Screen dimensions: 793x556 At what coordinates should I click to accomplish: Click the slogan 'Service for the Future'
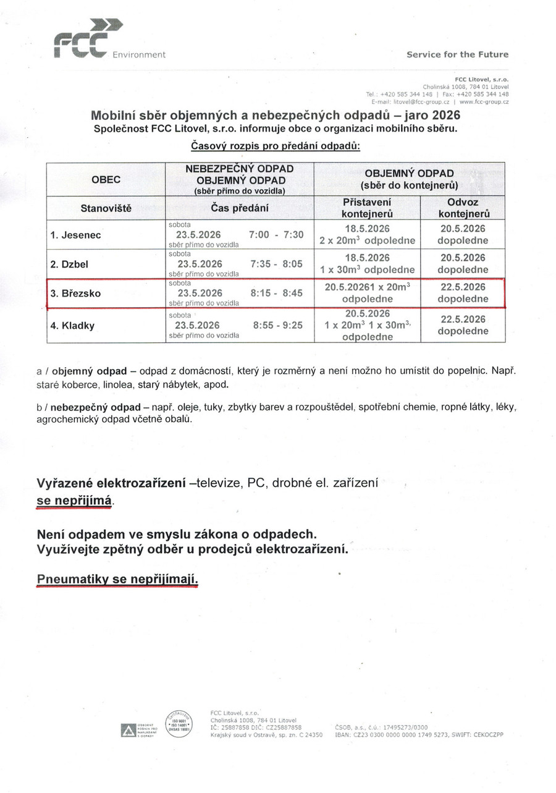coord(457,54)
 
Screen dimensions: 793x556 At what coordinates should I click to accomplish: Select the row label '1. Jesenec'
coord(76,235)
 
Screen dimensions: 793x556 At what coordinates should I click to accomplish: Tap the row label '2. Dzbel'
coord(70,264)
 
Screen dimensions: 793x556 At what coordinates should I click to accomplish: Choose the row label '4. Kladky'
coord(73,325)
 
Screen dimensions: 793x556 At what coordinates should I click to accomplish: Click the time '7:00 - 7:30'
coord(276,235)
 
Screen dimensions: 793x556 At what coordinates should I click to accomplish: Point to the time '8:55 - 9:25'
coord(278,325)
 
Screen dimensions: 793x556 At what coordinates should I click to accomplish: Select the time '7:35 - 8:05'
coord(277,264)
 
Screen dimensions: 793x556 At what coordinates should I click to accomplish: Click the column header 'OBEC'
coord(106,180)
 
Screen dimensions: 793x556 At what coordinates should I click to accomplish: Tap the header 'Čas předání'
coord(240,209)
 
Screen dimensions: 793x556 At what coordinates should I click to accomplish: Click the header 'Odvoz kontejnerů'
coord(463,208)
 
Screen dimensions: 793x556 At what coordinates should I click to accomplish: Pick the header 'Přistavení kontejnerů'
coord(367,208)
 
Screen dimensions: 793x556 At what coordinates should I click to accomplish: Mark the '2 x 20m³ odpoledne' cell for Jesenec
coord(367,240)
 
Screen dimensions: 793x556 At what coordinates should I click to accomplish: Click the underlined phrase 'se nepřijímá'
coord(74,501)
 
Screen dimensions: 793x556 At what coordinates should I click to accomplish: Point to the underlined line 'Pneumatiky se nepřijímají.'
coord(117,580)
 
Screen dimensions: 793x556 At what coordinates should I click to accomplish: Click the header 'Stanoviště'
coord(106,209)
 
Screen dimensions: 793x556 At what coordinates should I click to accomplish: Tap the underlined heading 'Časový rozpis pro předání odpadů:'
coord(275,146)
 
